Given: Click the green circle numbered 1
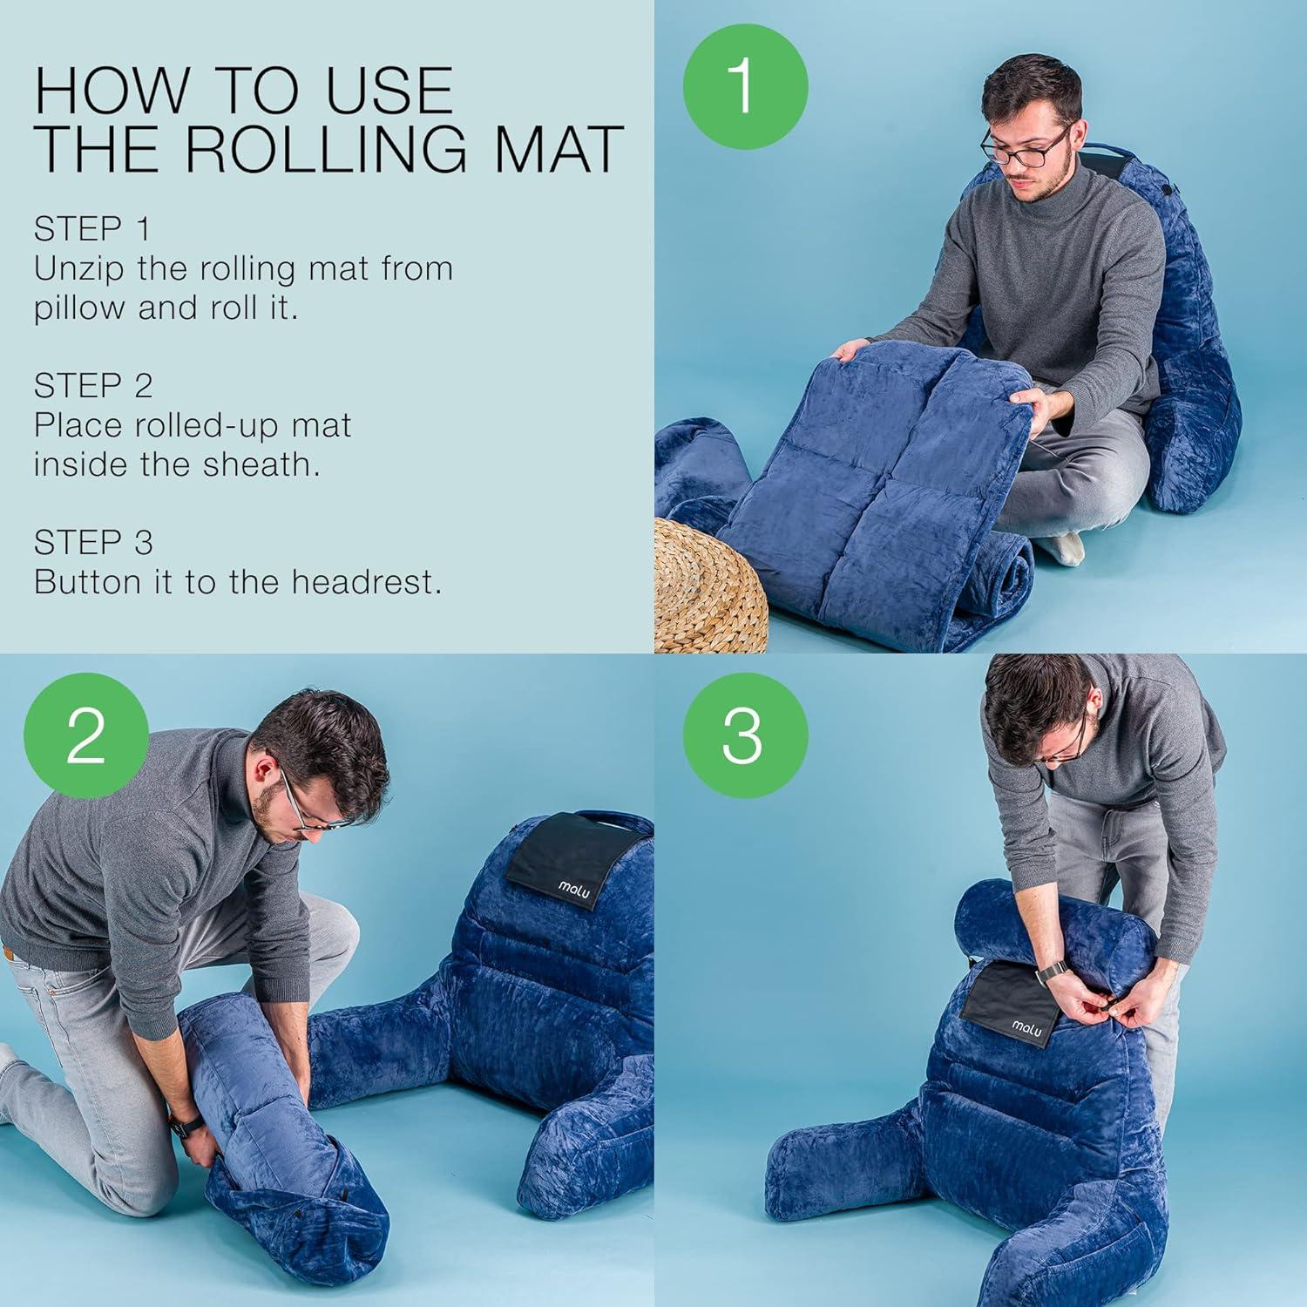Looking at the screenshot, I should coord(745,85).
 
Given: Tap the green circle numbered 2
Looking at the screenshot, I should coord(85,735).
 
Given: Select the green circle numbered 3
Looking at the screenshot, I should coord(745,735).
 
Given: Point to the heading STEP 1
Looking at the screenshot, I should coord(92,229).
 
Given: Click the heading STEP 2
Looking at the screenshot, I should coord(93,385).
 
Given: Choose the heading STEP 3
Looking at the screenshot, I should coord(93,542).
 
